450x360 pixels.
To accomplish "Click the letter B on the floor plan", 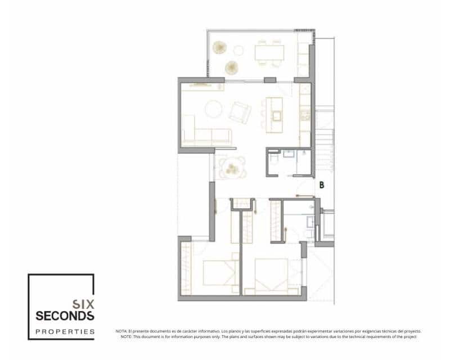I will [x=322, y=184].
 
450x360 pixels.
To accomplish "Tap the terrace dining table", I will [x=269, y=52].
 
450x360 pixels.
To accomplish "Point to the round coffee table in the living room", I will [x=213, y=109].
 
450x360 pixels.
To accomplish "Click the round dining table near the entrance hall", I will [x=231, y=166].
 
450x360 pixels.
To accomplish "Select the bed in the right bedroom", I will [x=271, y=276].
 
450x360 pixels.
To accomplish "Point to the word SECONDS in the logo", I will [x=64, y=315].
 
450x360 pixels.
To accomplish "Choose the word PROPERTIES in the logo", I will [x=64, y=332].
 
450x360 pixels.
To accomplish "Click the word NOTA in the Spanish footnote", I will [x=121, y=331].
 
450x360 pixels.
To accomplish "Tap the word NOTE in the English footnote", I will [x=125, y=336].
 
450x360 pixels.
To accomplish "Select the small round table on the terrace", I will [x=238, y=51].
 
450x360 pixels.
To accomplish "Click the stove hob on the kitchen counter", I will [x=305, y=116].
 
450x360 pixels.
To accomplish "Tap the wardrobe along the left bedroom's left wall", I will [x=185, y=268].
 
